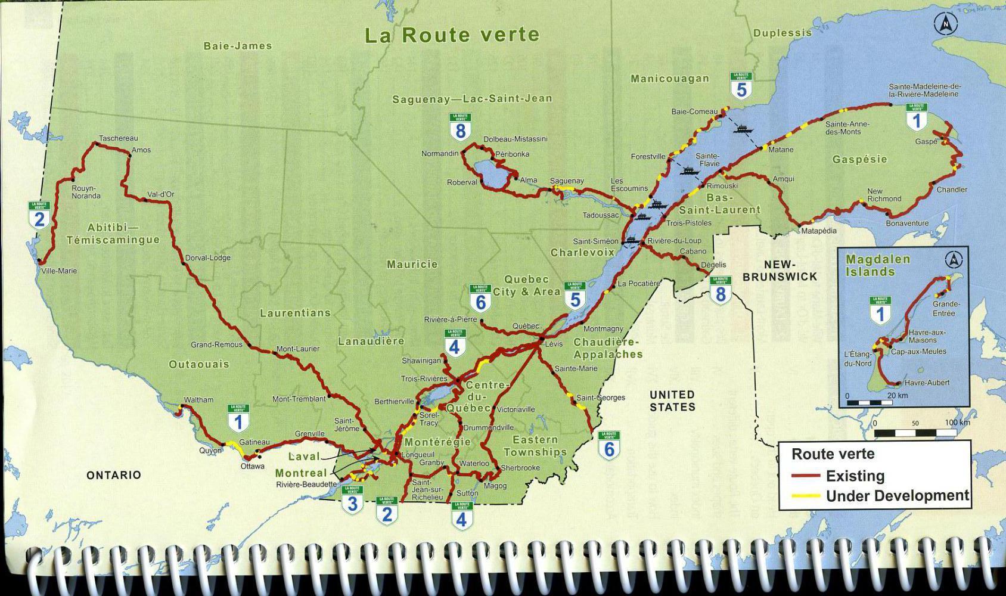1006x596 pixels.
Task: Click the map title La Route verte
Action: click(x=452, y=35)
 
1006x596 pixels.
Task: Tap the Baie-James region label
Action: click(x=237, y=46)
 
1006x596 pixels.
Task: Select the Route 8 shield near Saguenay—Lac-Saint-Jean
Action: click(x=460, y=127)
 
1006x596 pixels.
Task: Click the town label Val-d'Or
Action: click(x=160, y=194)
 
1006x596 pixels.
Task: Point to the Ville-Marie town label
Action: click(x=59, y=271)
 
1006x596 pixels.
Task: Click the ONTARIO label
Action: click(x=113, y=475)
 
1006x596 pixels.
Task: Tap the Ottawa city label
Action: click(x=252, y=466)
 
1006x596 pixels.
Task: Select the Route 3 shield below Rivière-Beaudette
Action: click(x=352, y=501)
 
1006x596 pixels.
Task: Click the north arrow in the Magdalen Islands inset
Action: click(x=954, y=260)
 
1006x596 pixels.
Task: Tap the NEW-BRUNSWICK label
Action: click(x=780, y=271)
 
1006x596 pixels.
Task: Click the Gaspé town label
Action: click(x=926, y=142)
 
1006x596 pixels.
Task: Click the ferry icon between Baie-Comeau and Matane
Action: click(x=744, y=128)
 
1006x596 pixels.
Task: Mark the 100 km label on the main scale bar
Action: click(x=957, y=423)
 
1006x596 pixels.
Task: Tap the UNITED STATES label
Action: click(x=672, y=401)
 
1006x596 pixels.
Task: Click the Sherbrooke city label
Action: click(x=520, y=468)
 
